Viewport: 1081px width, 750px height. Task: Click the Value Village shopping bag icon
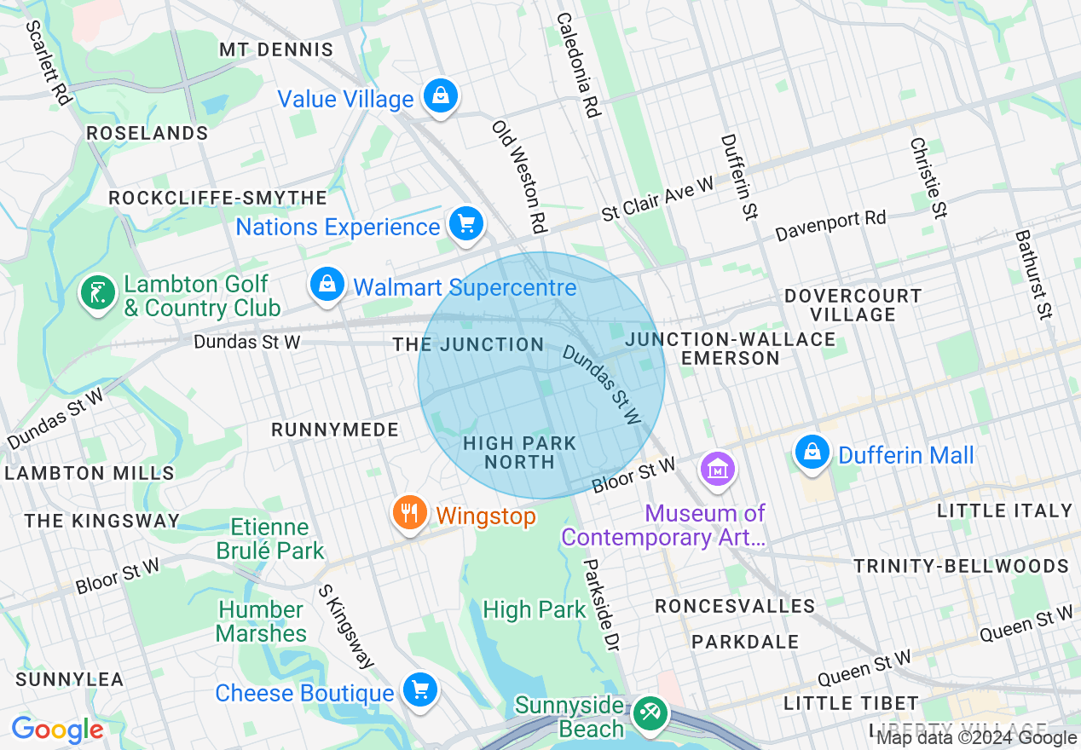point(441,95)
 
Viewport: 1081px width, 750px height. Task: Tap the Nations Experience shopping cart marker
point(466,224)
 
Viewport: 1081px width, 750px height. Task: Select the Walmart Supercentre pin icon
point(327,285)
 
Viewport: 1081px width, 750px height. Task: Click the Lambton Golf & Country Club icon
point(99,293)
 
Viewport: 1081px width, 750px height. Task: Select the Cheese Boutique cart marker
point(420,689)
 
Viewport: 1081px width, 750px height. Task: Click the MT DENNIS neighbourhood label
point(275,49)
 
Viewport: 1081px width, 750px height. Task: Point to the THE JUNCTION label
point(468,344)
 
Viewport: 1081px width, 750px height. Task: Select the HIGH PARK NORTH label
point(519,453)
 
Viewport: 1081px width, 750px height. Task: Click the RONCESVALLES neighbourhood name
point(735,606)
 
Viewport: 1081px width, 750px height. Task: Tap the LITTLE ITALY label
point(1004,511)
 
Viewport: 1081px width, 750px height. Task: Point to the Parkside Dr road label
point(599,605)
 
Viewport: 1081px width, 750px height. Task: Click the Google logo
point(57,730)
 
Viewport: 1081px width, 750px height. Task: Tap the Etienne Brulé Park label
point(270,539)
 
